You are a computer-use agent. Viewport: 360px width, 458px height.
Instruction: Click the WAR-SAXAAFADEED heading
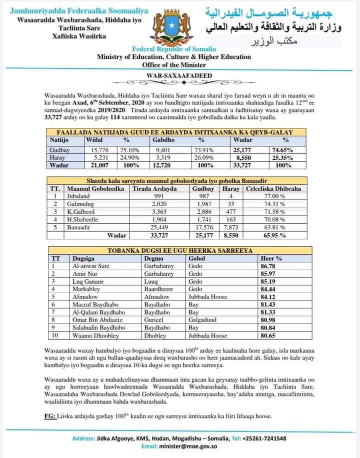coord(180,75)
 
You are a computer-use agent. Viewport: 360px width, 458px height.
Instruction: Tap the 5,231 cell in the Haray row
coord(97,157)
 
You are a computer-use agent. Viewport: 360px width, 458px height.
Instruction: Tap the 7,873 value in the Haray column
coord(230,227)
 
